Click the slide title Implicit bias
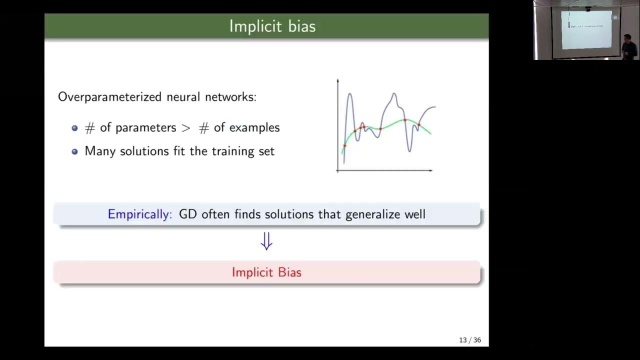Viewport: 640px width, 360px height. coord(272,26)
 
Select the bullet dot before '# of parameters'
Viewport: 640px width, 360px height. coord(74,128)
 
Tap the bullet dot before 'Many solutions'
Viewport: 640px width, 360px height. coord(74,151)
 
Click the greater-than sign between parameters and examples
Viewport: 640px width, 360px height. coord(186,128)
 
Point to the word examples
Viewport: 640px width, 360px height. coord(254,128)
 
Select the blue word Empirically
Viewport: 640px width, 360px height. coord(139,214)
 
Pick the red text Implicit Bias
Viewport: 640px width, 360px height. coord(266,272)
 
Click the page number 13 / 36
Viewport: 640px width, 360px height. coord(469,340)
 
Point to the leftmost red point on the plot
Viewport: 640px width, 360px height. coord(344,145)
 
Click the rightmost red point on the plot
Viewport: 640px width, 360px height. coord(419,124)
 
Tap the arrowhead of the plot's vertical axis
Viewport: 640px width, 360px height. coord(338,80)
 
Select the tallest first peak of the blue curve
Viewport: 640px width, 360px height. coord(349,93)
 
